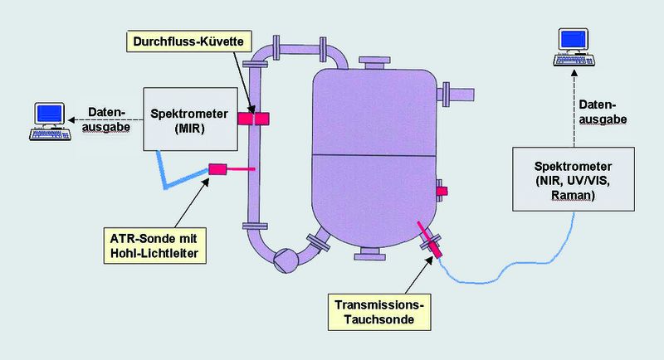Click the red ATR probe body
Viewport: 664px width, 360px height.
219,169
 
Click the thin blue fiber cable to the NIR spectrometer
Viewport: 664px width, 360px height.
515,264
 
